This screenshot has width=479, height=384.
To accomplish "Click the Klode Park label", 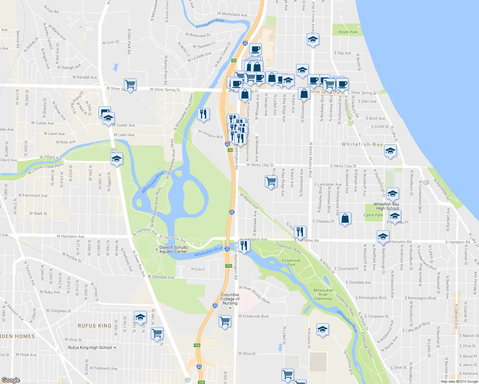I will click(348, 32).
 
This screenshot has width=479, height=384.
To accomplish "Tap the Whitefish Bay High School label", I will click(386, 206).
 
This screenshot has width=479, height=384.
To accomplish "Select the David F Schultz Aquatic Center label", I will click(174, 250).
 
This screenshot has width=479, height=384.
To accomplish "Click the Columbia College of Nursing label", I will click(230, 299).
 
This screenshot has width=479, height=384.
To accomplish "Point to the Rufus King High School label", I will click(90, 348).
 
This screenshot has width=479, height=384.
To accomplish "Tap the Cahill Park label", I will click(373, 215).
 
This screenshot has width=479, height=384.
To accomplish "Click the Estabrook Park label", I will click(291, 263).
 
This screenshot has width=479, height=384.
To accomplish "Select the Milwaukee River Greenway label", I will click(323, 294).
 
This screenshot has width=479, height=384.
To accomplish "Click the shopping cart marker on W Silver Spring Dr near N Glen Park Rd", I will click(130, 84).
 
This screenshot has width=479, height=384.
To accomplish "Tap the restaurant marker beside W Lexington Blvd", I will click(203, 114).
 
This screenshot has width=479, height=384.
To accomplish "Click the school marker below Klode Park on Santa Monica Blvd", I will click(313, 39).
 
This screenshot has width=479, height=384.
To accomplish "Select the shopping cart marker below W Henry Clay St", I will click(271, 181).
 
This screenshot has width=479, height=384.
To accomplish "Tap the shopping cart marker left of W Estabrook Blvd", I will click(225, 321).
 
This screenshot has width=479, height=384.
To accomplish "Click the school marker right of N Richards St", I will click(322, 329).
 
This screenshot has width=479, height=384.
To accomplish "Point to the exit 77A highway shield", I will click(228, 266).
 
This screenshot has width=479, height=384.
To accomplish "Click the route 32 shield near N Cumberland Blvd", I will click(426, 182).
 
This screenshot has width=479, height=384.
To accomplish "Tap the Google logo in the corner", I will click(11, 380).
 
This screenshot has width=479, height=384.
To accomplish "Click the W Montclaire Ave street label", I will click(232, 14).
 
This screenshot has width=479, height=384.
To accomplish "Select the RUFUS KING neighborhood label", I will click(94, 326).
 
